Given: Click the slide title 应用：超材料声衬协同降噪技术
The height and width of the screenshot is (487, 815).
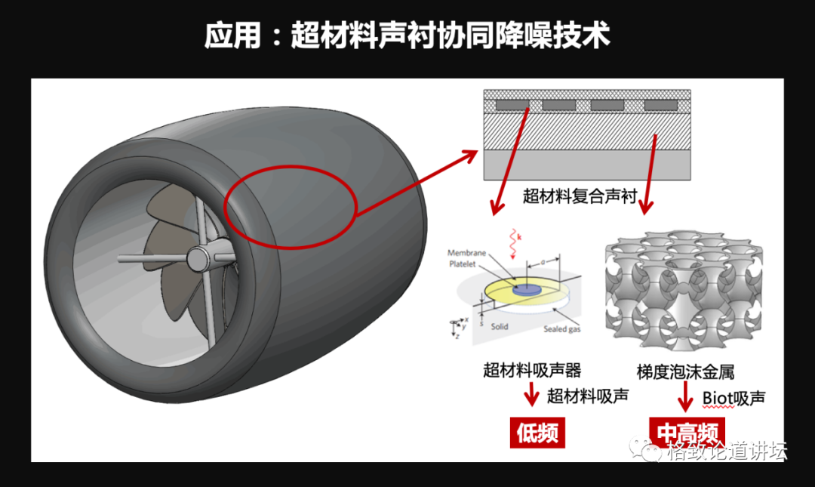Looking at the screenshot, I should pos(407,35).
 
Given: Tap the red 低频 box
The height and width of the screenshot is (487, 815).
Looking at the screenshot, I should pos(538,433).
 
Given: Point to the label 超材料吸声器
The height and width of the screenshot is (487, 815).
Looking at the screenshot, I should pos(532,370).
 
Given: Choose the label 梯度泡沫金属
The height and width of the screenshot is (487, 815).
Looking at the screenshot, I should pos(685,371).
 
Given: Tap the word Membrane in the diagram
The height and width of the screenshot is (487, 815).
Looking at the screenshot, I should pos(466,253).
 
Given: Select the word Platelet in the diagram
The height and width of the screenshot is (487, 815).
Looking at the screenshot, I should pos(465,264).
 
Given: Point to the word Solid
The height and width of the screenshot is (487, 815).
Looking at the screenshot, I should pos(498,327).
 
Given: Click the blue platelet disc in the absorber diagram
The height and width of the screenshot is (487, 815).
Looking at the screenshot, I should pos(526,289).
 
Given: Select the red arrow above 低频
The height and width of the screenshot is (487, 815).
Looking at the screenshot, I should pos(531,394).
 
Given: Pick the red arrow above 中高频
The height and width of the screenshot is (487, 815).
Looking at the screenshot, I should pos(685,395).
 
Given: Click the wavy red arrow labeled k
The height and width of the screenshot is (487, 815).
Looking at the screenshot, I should pos(514,241).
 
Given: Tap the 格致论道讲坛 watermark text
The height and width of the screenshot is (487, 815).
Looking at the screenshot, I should pos(726,452).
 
